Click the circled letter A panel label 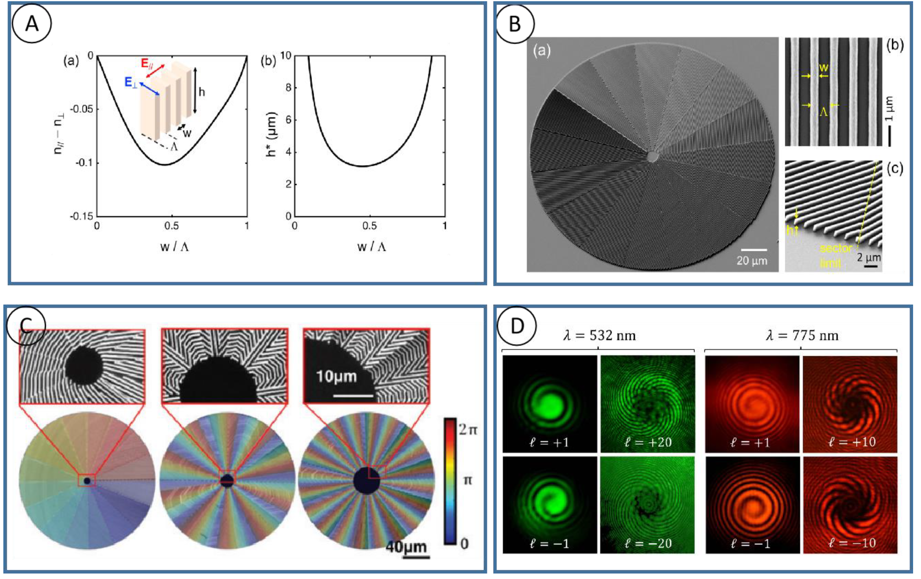pyautogui.click(x=32, y=24)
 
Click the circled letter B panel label pyautogui.click(x=515, y=24)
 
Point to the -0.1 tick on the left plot pyautogui.click(x=84, y=163)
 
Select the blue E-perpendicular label pyautogui.click(x=131, y=82)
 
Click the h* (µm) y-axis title pyautogui.click(x=271, y=134)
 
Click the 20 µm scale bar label pyautogui.click(x=751, y=261)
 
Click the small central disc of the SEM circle pyautogui.click(x=653, y=156)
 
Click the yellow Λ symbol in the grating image pyautogui.click(x=823, y=112)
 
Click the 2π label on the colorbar pyautogui.click(x=468, y=430)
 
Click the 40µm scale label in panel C pyautogui.click(x=406, y=547)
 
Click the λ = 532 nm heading pyautogui.click(x=599, y=336)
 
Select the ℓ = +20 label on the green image pyautogui.click(x=648, y=442)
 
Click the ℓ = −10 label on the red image pyautogui.click(x=852, y=543)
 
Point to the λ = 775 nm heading pyautogui.click(x=802, y=336)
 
